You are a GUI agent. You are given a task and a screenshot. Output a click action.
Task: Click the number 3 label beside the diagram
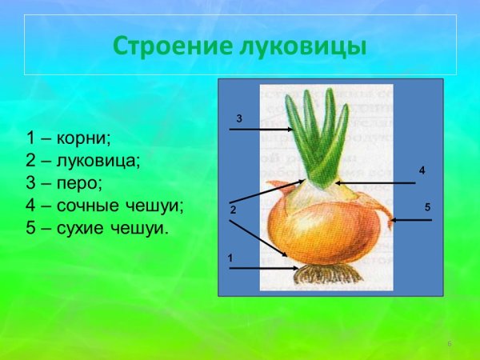[x=238, y=118]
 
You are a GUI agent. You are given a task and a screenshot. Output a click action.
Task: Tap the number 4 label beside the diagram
[x=422, y=171]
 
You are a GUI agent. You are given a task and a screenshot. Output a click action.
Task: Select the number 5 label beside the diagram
[x=428, y=207]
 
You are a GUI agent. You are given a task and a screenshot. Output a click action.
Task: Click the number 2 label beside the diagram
[x=233, y=210]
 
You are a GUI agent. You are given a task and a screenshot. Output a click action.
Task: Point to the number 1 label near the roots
[x=230, y=258]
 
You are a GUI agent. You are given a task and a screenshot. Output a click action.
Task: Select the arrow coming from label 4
[x=376, y=183]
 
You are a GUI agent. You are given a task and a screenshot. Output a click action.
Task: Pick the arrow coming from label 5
[x=411, y=220]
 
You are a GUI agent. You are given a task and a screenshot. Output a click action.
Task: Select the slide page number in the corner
[x=450, y=344]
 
